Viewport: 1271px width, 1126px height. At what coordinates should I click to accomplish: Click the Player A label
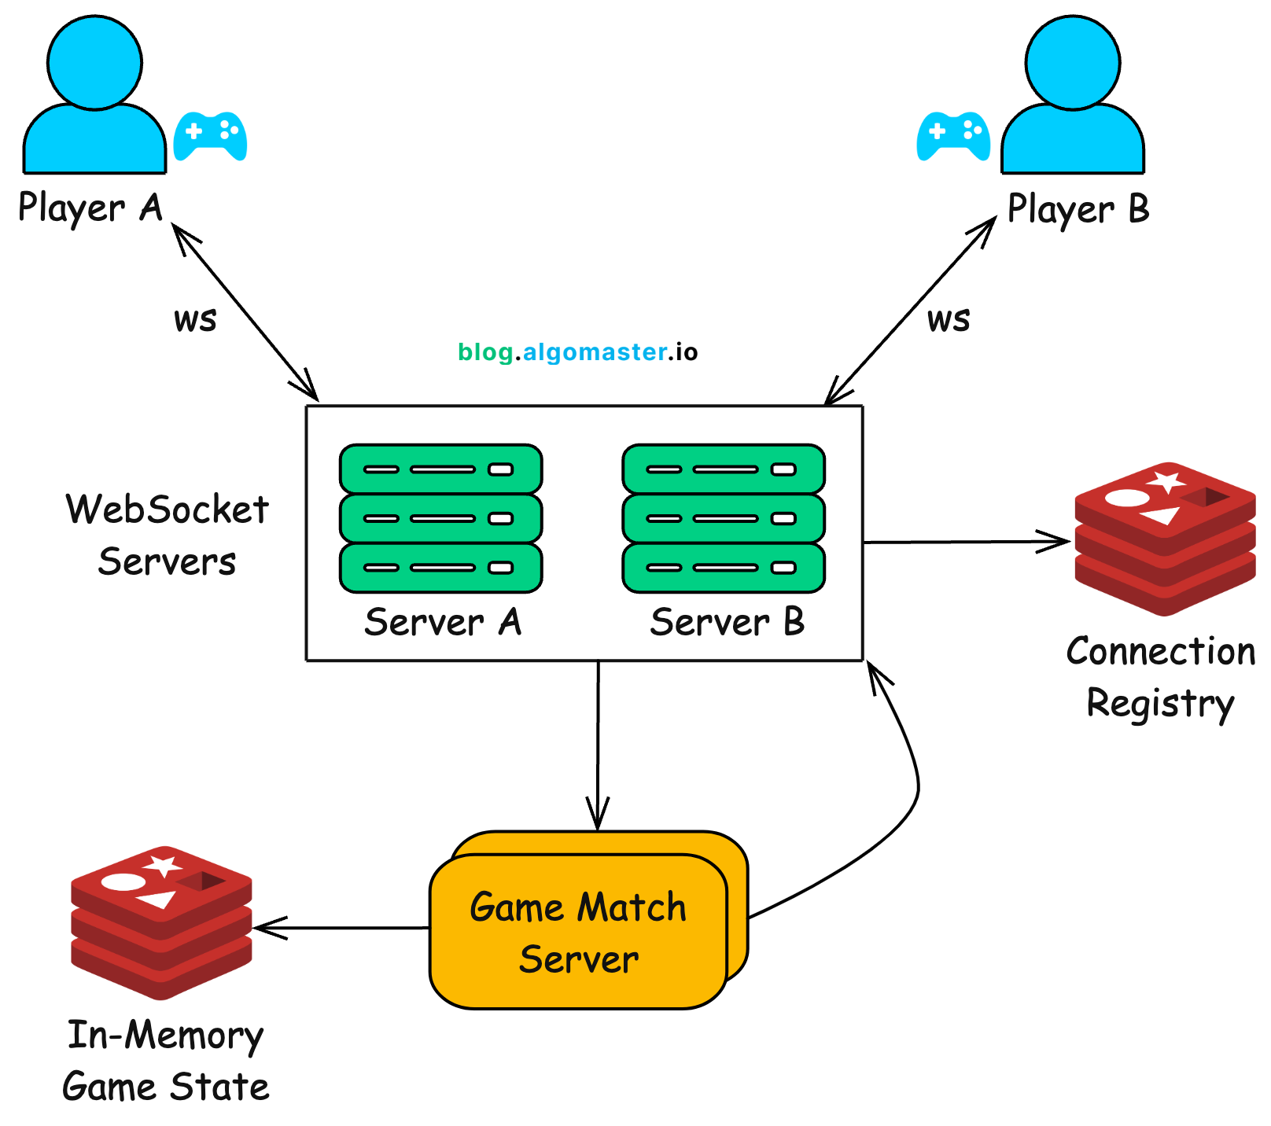90,208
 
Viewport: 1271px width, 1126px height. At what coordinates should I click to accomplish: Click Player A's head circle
94,61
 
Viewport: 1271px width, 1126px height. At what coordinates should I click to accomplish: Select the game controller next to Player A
210,135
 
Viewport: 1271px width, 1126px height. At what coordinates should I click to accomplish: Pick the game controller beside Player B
953,135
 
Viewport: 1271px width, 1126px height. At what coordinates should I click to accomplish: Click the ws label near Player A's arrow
195,319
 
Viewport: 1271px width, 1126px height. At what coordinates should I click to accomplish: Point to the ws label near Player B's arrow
949,319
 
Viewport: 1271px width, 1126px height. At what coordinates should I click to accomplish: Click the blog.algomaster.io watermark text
577,351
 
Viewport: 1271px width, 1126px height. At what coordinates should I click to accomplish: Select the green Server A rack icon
440,518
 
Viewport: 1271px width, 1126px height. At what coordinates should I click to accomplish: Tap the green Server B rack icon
724,518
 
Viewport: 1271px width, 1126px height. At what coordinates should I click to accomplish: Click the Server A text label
443,622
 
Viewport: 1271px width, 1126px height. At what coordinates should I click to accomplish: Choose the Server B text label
727,622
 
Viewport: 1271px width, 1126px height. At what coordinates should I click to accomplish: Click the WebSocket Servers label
167,535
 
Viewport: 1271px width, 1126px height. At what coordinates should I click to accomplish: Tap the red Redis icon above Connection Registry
1164,539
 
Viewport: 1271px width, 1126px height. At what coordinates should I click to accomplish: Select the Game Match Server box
578,932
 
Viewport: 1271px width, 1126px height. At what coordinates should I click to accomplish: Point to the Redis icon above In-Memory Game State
161,922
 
